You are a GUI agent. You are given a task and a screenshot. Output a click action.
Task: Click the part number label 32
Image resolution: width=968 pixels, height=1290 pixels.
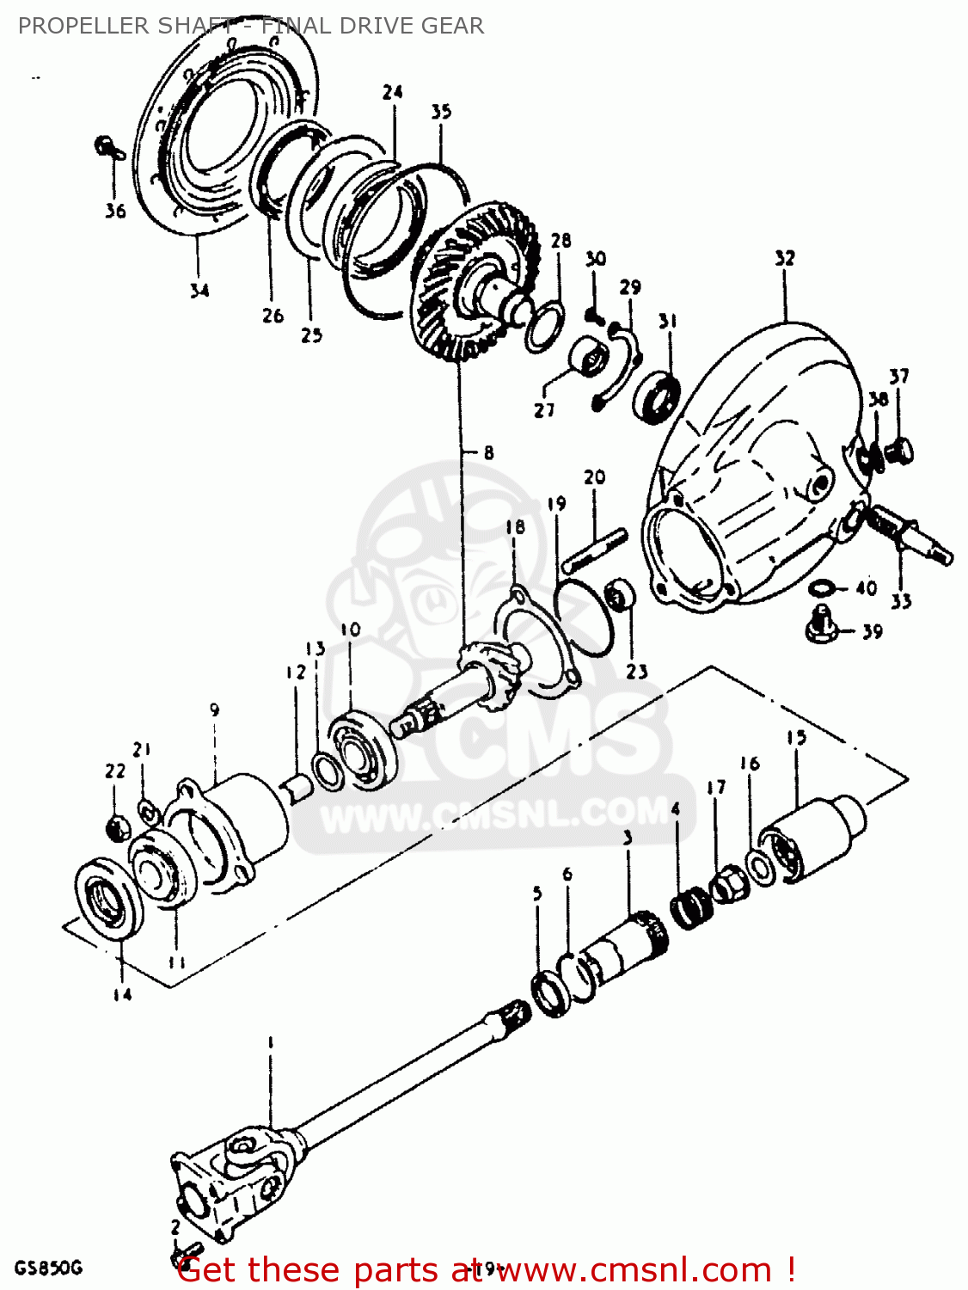[x=784, y=258]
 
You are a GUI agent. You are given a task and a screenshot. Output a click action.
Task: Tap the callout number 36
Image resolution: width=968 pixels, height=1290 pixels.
[x=115, y=211]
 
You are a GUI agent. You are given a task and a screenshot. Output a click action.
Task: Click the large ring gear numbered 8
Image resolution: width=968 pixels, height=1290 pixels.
[x=477, y=284]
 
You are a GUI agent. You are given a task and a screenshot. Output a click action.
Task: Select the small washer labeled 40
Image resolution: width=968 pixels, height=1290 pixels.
[x=822, y=587]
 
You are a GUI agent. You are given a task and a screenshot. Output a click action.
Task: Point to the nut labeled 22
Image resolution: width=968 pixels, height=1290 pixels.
[x=117, y=828]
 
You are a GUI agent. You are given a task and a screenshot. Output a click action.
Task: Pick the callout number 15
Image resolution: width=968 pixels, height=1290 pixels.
[x=796, y=738]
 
